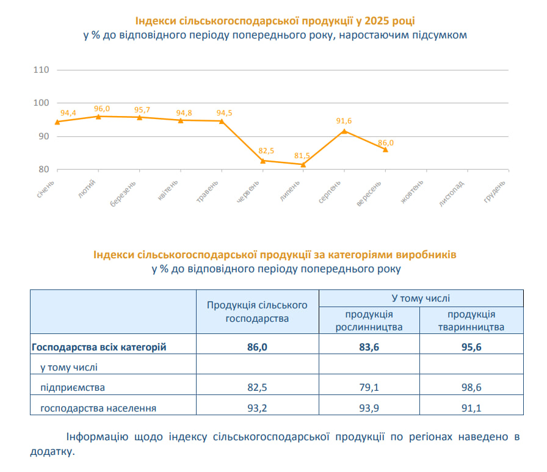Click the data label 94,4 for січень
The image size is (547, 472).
(68, 113)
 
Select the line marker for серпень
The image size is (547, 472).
(344, 131)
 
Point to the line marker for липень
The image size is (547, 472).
(303, 164)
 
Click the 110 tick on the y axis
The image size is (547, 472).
(41, 70)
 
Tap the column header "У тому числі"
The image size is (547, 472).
(420, 298)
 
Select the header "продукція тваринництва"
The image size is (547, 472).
(471, 321)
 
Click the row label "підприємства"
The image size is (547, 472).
(72, 387)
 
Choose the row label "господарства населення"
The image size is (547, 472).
(98, 407)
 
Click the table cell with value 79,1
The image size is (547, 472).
(369, 387)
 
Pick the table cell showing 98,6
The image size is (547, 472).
(471, 387)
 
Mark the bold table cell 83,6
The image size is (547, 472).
(369, 347)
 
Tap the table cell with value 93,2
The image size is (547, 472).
(256, 407)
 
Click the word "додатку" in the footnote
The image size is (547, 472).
(51, 452)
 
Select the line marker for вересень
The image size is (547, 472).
(385, 150)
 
